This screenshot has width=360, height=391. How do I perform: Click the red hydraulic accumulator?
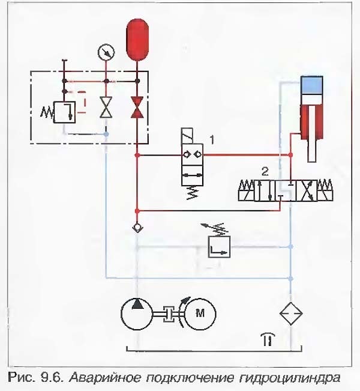(137, 40)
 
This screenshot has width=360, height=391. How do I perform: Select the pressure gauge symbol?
(106, 53)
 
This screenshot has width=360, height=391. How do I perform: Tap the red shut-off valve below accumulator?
(137, 108)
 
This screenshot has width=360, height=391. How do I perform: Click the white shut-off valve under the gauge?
(106, 109)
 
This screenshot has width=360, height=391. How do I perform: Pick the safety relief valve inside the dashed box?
(64, 111)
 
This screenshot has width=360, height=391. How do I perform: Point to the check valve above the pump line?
(137, 229)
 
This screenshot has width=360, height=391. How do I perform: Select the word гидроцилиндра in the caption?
(299, 378)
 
